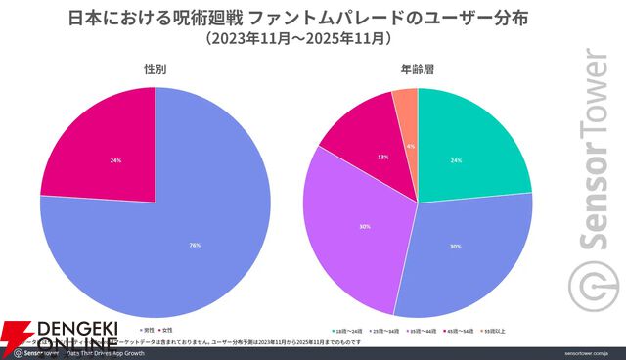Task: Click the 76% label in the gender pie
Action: (194, 246)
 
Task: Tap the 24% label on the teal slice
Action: (455, 160)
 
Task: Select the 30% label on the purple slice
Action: (364, 227)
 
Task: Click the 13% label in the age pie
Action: (383, 157)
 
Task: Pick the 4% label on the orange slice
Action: (411, 146)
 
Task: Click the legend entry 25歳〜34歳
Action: (385, 331)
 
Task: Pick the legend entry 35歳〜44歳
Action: (425, 331)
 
